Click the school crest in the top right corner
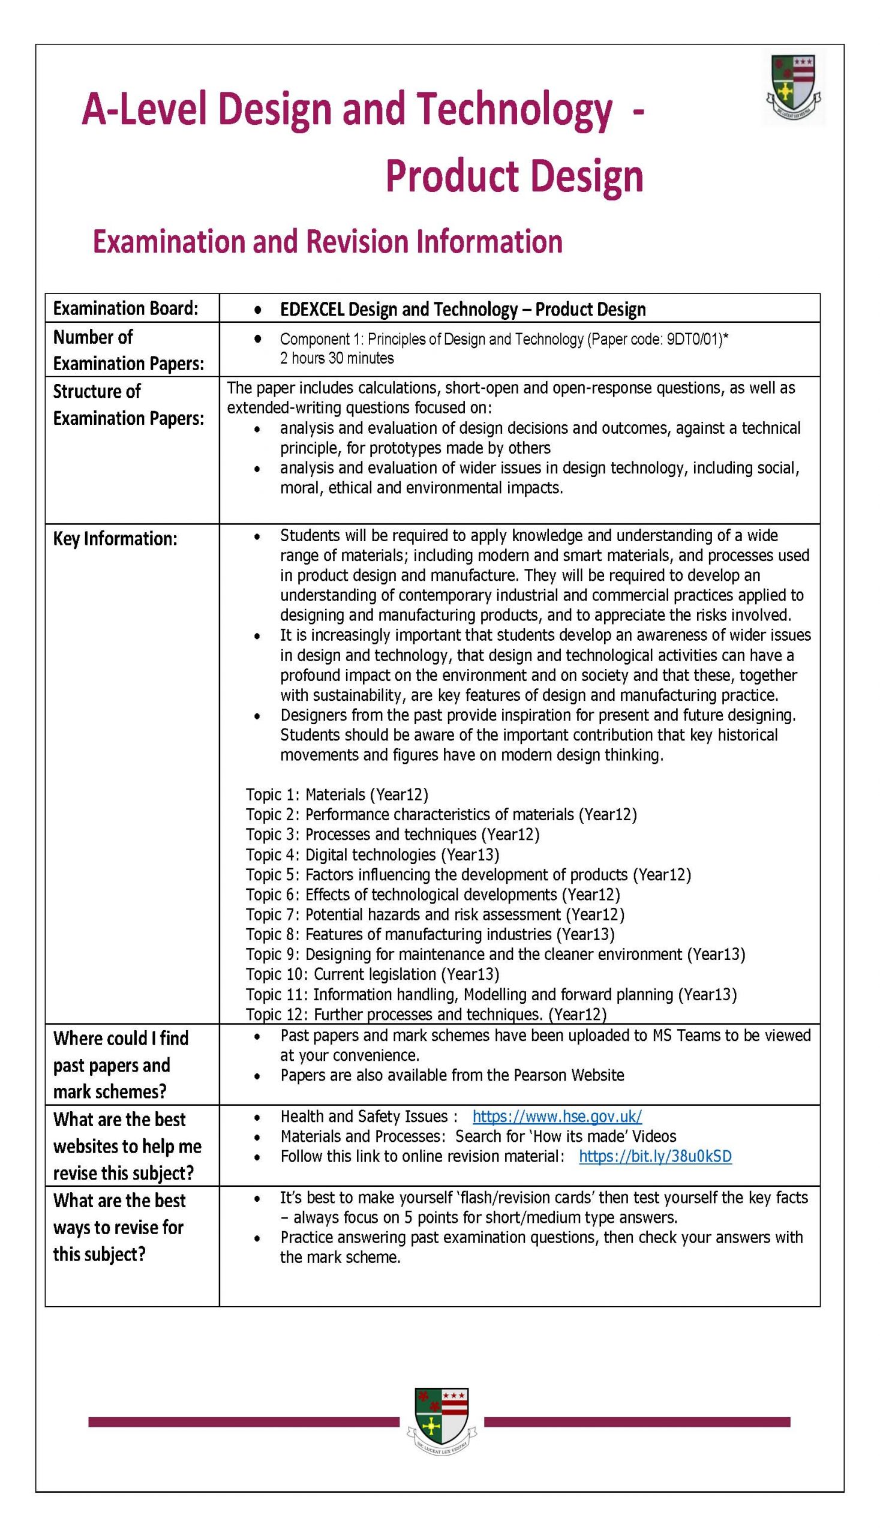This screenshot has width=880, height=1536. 794,88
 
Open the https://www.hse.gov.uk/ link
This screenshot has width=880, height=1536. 557,1116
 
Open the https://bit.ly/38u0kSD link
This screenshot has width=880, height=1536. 655,1156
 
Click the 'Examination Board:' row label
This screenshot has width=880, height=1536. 126,308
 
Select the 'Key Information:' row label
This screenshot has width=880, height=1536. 115,539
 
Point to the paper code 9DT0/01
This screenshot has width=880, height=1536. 694,339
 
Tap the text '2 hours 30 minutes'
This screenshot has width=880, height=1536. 337,358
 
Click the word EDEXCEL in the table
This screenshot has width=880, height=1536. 312,310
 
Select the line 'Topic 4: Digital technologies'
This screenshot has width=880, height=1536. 373,854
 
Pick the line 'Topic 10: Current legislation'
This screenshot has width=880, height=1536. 373,974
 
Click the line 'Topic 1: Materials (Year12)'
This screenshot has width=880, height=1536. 337,794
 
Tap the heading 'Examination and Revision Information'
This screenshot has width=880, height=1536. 328,241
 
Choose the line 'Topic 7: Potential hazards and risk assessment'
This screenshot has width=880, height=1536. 435,914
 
